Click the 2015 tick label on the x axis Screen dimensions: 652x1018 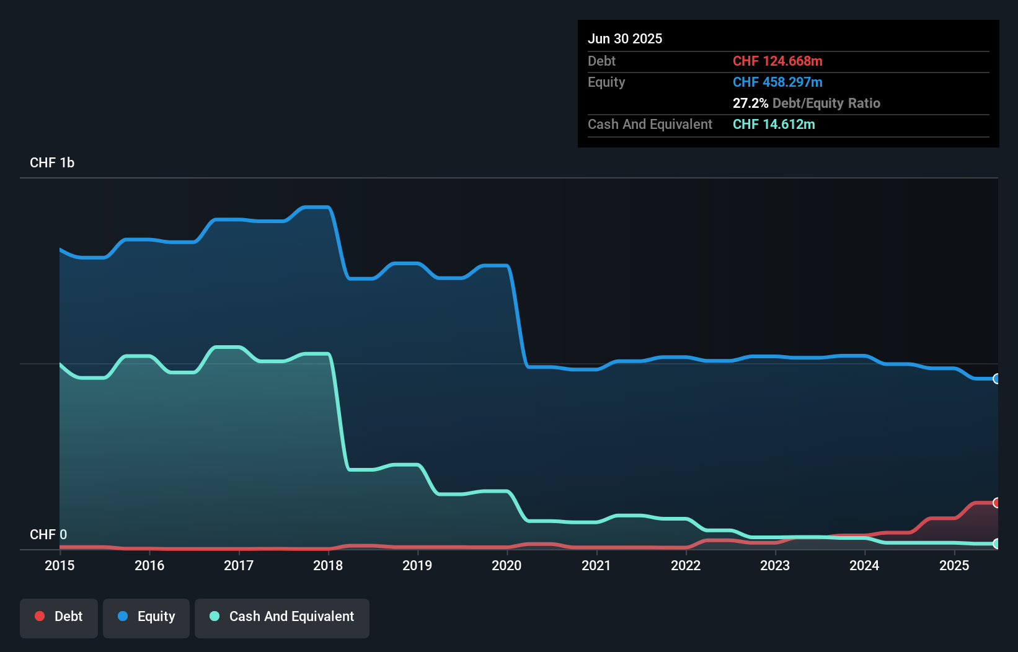(x=60, y=565)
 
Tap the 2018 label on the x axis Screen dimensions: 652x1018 (x=328, y=565)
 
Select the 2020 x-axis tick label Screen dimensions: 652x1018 (x=507, y=565)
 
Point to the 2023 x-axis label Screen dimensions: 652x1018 (x=775, y=565)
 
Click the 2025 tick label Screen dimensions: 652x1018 (x=954, y=565)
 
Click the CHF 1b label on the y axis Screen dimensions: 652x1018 (x=52, y=162)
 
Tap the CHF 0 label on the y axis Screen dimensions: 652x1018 (x=48, y=534)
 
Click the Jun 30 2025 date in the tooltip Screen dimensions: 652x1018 (x=625, y=38)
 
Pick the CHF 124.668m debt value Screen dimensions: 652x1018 (x=777, y=61)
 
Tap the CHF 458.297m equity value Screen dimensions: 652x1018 (x=777, y=82)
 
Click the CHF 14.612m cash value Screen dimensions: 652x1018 (x=774, y=124)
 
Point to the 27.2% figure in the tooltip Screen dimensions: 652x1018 (x=750, y=103)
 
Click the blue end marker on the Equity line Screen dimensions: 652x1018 (x=996, y=379)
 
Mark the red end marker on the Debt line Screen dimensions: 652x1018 (x=996, y=503)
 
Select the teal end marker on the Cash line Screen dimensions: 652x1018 (x=996, y=544)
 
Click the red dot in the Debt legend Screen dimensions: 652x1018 (x=40, y=616)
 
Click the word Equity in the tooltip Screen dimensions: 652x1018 (x=606, y=82)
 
